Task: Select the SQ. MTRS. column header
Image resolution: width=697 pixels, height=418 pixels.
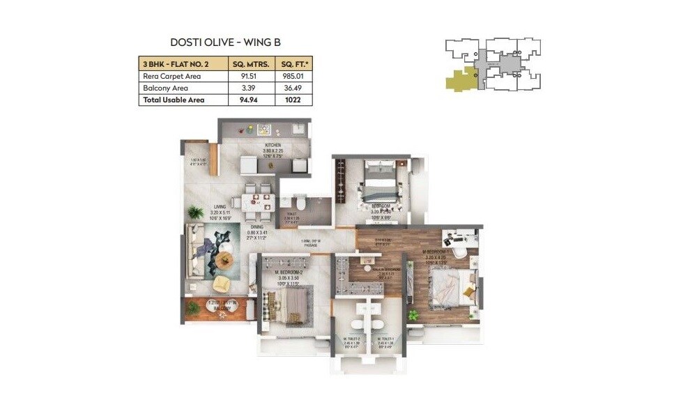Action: tap(252, 63)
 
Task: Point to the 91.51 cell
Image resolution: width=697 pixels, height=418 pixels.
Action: tap(252, 76)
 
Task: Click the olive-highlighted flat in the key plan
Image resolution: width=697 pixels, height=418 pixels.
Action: tap(460, 80)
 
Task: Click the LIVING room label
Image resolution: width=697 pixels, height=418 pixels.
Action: tap(220, 207)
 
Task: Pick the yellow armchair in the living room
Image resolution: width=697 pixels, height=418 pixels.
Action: tap(221, 284)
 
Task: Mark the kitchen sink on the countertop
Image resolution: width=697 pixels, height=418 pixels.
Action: tap(264, 129)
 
